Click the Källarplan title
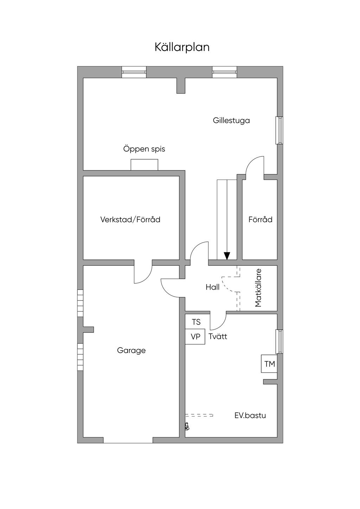[182, 47]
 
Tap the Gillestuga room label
[231, 121]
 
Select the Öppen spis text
[144, 149]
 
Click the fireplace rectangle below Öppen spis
[144, 165]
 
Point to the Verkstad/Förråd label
[130, 220]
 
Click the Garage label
[131, 350]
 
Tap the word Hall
[213, 287]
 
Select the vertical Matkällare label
[259, 288]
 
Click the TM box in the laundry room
[270, 364]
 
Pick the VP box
[195, 337]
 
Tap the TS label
[196, 322]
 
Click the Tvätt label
[218, 336]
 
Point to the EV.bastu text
[250, 415]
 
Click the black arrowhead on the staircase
[227, 256]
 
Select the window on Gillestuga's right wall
[279, 130]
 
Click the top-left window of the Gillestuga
[134, 72]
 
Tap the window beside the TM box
[279, 341]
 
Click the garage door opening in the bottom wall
[128, 440]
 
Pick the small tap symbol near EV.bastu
[187, 427]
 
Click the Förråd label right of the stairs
[261, 220]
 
